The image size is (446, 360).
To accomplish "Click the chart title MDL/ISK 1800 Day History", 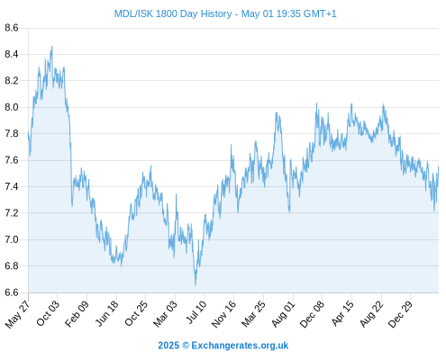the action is [173, 13].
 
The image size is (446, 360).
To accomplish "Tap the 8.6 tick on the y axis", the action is [12, 28].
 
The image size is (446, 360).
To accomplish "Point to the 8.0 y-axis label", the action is [12, 107].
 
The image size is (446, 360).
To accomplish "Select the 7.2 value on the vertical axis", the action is [12, 213].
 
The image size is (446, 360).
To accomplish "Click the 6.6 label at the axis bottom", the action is [12, 292].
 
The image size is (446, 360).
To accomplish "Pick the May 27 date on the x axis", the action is [17, 314].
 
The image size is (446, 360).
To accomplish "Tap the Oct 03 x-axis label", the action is [48, 313].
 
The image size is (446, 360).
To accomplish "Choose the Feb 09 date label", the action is [77, 314].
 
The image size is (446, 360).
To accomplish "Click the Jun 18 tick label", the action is [107, 313].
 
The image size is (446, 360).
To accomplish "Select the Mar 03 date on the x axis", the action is [165, 314].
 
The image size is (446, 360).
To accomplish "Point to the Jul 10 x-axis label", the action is [196, 312].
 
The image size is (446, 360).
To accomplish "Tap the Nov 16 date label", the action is [223, 314].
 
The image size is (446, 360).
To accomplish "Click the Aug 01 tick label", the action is [283, 314].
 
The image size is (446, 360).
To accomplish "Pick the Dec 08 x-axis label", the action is [312, 314].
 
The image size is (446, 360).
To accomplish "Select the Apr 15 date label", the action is [342, 313].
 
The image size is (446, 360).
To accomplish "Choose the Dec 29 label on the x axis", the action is [400, 314].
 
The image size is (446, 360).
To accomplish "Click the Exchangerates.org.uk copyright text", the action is [240, 346].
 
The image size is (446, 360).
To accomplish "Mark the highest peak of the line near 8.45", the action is [52, 46].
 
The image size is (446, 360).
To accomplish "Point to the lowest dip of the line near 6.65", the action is [196, 285].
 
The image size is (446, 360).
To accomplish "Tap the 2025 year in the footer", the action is [168, 346].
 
